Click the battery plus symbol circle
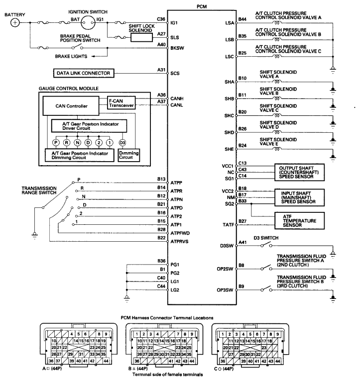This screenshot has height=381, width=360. (15, 22)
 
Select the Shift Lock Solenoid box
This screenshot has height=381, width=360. (141, 37)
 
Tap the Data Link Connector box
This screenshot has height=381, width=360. (84, 73)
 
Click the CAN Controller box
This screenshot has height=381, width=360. (71, 106)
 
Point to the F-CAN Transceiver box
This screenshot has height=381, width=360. (121, 103)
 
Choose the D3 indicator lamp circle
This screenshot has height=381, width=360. (122, 143)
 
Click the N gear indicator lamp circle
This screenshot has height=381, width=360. (77, 143)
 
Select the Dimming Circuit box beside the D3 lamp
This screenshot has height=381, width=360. (129, 155)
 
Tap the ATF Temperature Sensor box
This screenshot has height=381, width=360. (299, 221)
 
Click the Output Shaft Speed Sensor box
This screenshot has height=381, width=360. (299, 172)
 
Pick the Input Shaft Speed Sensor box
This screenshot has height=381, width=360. (299, 197)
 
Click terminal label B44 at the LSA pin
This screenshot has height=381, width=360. (242, 19)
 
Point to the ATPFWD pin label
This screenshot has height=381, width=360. (180, 233)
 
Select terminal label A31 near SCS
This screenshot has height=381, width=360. (161, 70)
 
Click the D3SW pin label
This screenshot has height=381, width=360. (227, 246)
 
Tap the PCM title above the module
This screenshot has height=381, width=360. (202, 6)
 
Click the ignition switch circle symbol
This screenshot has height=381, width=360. (88, 22)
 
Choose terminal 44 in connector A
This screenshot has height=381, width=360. (106, 361)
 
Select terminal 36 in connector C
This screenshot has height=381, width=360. (223, 361)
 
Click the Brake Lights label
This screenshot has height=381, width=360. (71, 56)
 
